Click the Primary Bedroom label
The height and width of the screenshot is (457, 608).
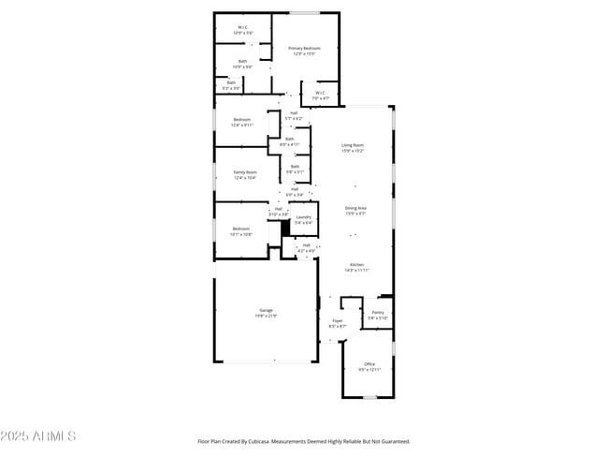point(304,48)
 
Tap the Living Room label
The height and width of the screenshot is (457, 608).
point(353,145)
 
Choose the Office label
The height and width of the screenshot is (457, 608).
point(369,363)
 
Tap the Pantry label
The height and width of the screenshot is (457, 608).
point(377,312)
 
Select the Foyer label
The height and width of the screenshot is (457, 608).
point(338,320)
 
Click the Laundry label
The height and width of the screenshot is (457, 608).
point(304,217)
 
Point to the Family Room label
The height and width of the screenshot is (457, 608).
point(245,172)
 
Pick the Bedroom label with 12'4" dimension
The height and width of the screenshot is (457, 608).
point(242,119)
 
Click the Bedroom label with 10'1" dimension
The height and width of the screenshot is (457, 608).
point(241,228)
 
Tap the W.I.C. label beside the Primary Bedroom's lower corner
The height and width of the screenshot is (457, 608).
point(320,93)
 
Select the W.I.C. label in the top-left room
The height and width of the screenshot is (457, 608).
point(242,27)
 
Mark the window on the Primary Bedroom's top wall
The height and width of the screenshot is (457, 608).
point(305,12)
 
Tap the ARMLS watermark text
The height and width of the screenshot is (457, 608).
point(39,436)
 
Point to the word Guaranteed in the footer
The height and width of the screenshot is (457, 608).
point(391,441)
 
